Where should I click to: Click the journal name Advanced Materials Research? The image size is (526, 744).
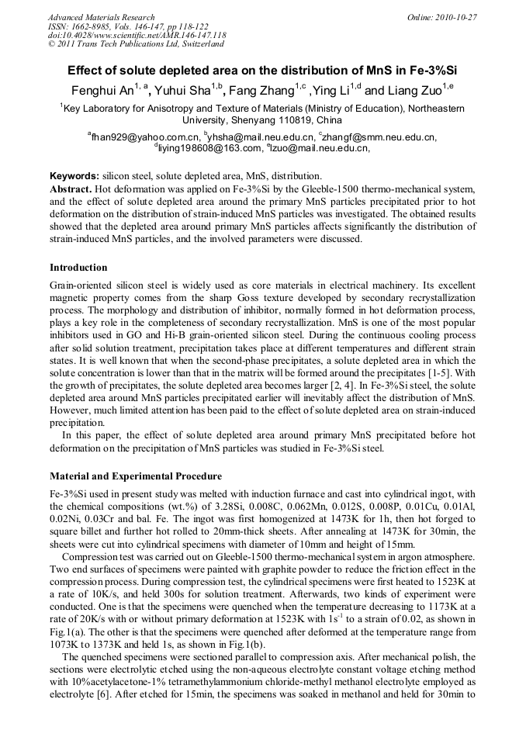coord(101,17)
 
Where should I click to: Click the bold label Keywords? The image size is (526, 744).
coord(74,176)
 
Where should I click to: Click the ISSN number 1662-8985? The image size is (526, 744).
coord(91,26)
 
